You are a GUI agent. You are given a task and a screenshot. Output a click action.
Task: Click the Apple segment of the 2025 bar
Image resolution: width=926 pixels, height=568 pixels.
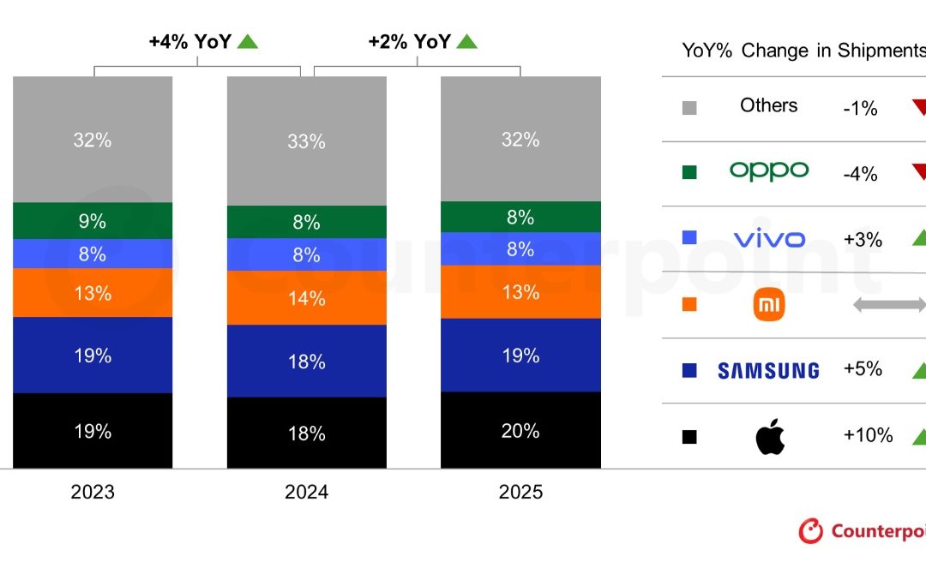(x=520, y=431)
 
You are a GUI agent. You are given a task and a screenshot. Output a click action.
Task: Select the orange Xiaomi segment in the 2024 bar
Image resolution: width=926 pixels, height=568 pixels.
(x=306, y=298)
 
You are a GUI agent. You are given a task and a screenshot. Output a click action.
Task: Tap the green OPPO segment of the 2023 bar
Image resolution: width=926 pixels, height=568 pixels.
(x=92, y=221)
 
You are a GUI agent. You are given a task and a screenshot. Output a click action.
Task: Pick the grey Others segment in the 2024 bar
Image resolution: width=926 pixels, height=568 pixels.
(x=306, y=141)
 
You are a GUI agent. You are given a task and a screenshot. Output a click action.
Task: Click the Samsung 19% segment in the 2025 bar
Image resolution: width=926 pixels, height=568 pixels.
(x=520, y=356)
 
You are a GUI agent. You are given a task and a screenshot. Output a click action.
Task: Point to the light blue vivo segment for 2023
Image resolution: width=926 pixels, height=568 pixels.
(x=92, y=254)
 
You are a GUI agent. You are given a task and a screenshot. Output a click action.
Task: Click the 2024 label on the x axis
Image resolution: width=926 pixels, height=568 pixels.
(x=306, y=493)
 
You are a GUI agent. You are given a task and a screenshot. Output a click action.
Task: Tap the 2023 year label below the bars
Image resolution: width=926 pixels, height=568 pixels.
(x=92, y=493)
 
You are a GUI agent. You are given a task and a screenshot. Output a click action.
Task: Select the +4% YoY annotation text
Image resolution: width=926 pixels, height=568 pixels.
(x=189, y=41)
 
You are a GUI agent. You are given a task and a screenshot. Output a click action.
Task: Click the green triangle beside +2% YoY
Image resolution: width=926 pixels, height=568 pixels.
(x=466, y=41)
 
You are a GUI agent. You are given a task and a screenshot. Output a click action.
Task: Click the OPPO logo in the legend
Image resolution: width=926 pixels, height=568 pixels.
(x=768, y=171)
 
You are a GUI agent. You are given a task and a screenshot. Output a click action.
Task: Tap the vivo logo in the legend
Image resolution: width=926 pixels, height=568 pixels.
(x=769, y=238)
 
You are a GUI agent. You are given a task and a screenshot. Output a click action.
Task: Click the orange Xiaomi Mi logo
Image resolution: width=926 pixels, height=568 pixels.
(x=769, y=305)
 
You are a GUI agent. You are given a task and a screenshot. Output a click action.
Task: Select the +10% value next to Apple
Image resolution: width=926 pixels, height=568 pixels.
(x=868, y=435)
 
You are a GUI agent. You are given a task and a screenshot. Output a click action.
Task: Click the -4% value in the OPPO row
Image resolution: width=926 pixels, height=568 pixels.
(x=860, y=174)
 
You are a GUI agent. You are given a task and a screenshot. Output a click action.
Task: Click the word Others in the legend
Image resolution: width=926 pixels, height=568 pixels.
(x=768, y=105)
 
